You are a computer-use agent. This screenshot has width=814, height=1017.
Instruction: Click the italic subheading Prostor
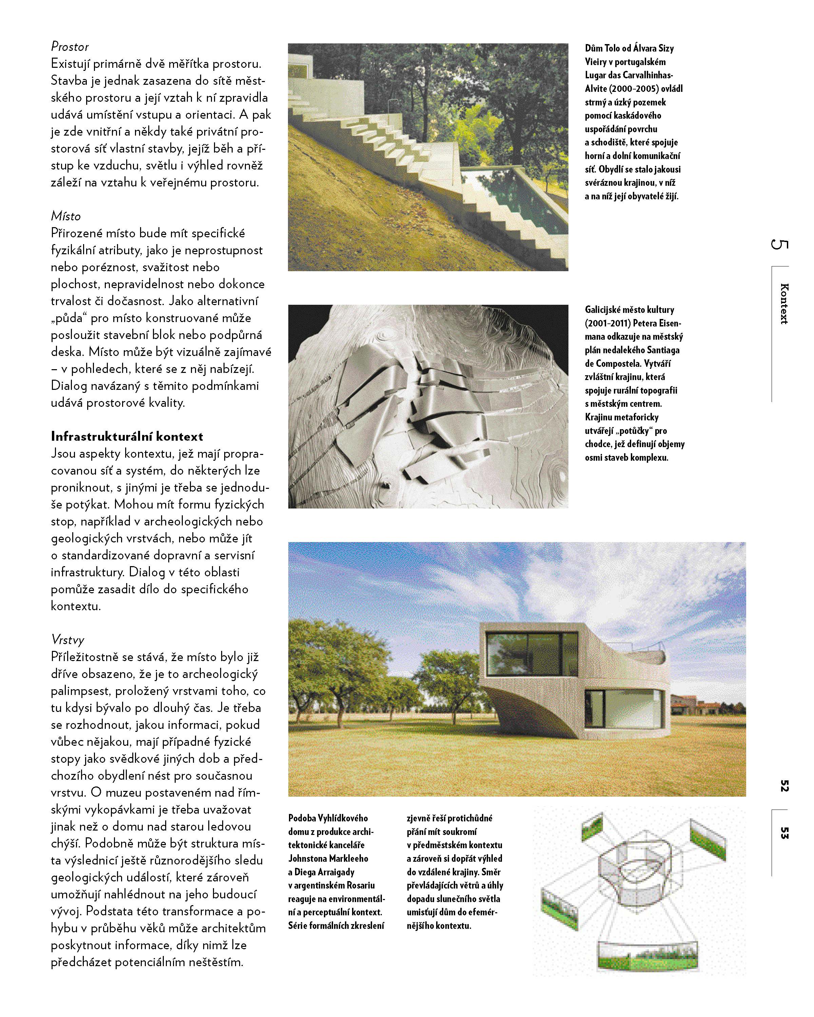[x=70, y=47]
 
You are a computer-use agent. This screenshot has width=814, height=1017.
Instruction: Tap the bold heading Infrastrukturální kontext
[x=127, y=436]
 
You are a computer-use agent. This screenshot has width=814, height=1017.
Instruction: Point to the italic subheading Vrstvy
[x=67, y=640]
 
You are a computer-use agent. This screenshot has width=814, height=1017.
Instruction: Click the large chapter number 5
[x=779, y=244]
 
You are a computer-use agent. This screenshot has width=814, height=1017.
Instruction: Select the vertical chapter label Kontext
[x=784, y=303]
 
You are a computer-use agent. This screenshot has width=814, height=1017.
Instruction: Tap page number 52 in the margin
[x=784, y=786]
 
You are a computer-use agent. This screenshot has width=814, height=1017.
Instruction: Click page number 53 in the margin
[x=784, y=833]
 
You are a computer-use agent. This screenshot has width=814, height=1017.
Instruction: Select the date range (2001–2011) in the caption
[x=608, y=323]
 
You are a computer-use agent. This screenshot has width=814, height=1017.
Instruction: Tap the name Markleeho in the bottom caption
[x=348, y=858]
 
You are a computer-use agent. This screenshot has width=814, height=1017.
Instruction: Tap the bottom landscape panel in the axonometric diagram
[x=647, y=955]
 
